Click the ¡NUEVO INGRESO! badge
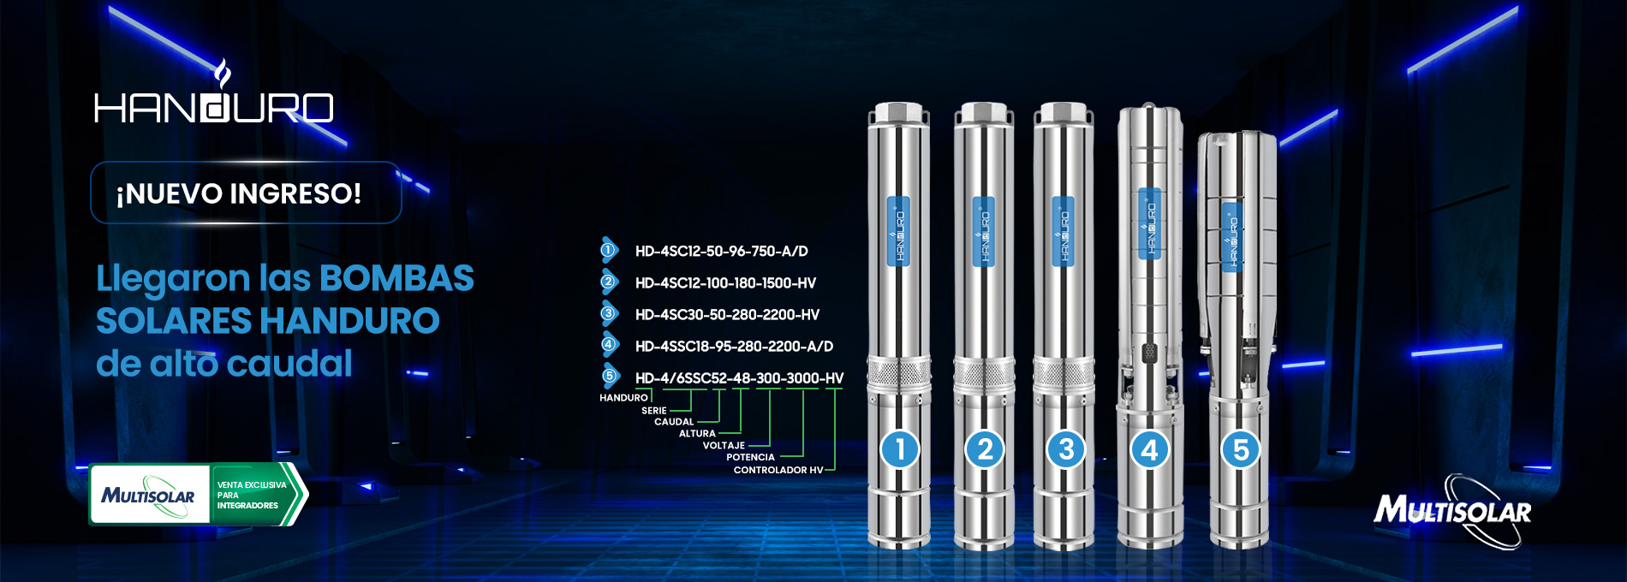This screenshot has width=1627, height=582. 246,193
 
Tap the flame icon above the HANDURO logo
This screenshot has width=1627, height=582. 222,74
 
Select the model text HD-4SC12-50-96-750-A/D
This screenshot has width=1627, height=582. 721,252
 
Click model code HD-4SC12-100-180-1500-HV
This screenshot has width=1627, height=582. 725,283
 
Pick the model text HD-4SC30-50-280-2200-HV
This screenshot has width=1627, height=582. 727,315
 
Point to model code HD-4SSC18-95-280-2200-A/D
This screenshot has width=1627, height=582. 734,347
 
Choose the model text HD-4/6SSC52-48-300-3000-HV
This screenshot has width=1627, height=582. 739,378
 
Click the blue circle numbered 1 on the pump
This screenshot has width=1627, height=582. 900,449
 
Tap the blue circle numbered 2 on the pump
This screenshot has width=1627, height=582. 985,449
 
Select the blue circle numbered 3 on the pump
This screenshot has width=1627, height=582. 1066,449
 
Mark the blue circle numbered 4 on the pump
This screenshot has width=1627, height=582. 1149,449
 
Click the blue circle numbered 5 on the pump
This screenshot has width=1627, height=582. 1241,449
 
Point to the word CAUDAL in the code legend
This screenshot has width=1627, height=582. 674,422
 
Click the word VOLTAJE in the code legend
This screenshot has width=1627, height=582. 724,446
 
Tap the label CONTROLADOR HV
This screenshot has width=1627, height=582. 778,470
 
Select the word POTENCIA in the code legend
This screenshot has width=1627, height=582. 750,458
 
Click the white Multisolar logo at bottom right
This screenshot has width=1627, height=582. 1452,511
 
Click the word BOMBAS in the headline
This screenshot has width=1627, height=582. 396,278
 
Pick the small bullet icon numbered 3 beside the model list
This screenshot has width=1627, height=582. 609,314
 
